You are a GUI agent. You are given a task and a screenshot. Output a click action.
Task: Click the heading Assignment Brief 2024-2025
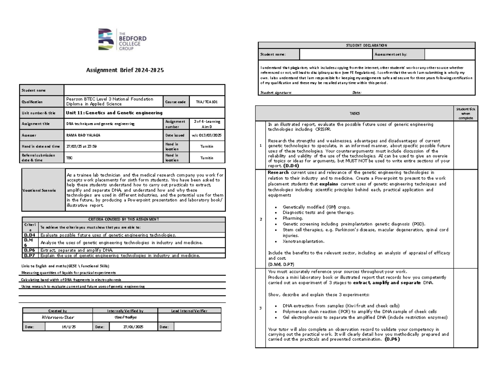124,70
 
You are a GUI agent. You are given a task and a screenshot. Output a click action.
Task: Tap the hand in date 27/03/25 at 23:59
81,146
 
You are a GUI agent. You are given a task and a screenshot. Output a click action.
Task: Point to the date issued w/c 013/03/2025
207,135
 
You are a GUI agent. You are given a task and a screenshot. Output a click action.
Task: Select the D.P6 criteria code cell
30,250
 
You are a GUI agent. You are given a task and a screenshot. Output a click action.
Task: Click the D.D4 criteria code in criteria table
30,235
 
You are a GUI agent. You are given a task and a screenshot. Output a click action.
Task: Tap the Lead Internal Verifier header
192,311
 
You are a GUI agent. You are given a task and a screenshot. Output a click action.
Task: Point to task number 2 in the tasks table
260,219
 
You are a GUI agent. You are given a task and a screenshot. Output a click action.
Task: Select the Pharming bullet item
294,218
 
